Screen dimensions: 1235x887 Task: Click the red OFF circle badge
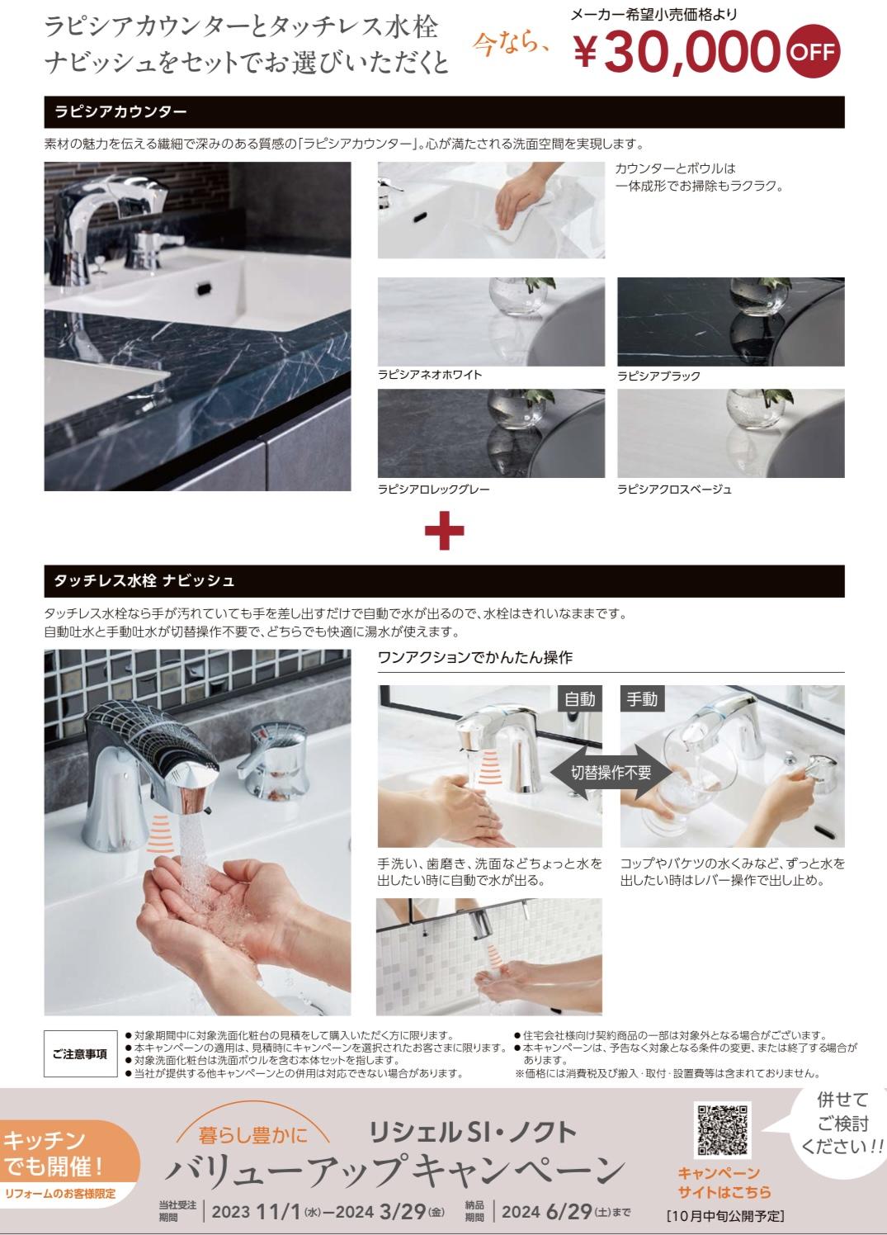click(x=814, y=52)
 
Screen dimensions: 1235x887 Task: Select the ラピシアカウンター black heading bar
click(x=444, y=112)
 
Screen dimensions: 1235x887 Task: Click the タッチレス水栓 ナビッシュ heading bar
click(x=444, y=581)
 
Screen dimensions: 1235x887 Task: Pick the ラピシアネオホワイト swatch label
click(x=430, y=375)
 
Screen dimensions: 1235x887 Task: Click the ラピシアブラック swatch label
click(x=658, y=376)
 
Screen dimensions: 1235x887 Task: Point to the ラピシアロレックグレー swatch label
click(x=434, y=489)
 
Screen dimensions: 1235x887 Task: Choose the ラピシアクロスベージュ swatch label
click(x=674, y=489)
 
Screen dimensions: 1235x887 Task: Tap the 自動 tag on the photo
click(x=579, y=699)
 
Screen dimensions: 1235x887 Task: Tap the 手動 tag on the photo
click(x=642, y=699)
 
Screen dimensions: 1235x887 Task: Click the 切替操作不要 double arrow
click(x=611, y=772)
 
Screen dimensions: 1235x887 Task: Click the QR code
click(x=723, y=1129)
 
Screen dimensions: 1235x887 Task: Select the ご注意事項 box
click(x=80, y=1054)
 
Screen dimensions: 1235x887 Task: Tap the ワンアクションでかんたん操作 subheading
click(x=474, y=658)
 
